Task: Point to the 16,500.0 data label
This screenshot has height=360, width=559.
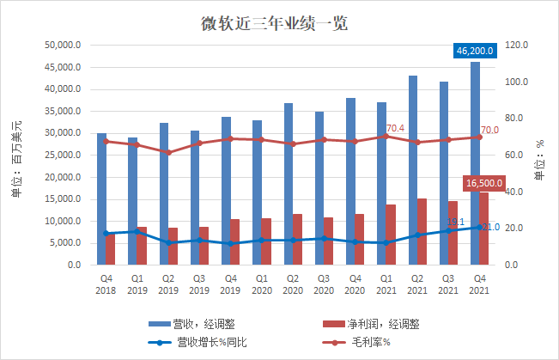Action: [484, 183]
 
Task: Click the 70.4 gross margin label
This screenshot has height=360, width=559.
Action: [394, 128]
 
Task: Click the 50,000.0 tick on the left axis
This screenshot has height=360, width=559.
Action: [63, 46]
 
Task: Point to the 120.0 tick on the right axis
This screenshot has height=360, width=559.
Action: [517, 46]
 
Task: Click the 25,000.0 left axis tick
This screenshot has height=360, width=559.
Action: [63, 156]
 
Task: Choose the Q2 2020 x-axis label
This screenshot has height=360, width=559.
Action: [291, 284]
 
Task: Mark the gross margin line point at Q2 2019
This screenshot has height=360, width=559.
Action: [167, 152]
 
